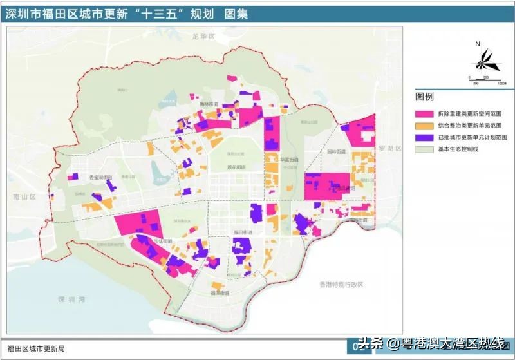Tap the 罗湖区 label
click(391, 148)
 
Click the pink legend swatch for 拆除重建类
click(424, 113)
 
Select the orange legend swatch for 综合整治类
click(424, 125)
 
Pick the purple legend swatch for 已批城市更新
click(424, 137)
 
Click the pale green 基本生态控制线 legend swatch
click(424, 149)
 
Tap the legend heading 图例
click(424, 97)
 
